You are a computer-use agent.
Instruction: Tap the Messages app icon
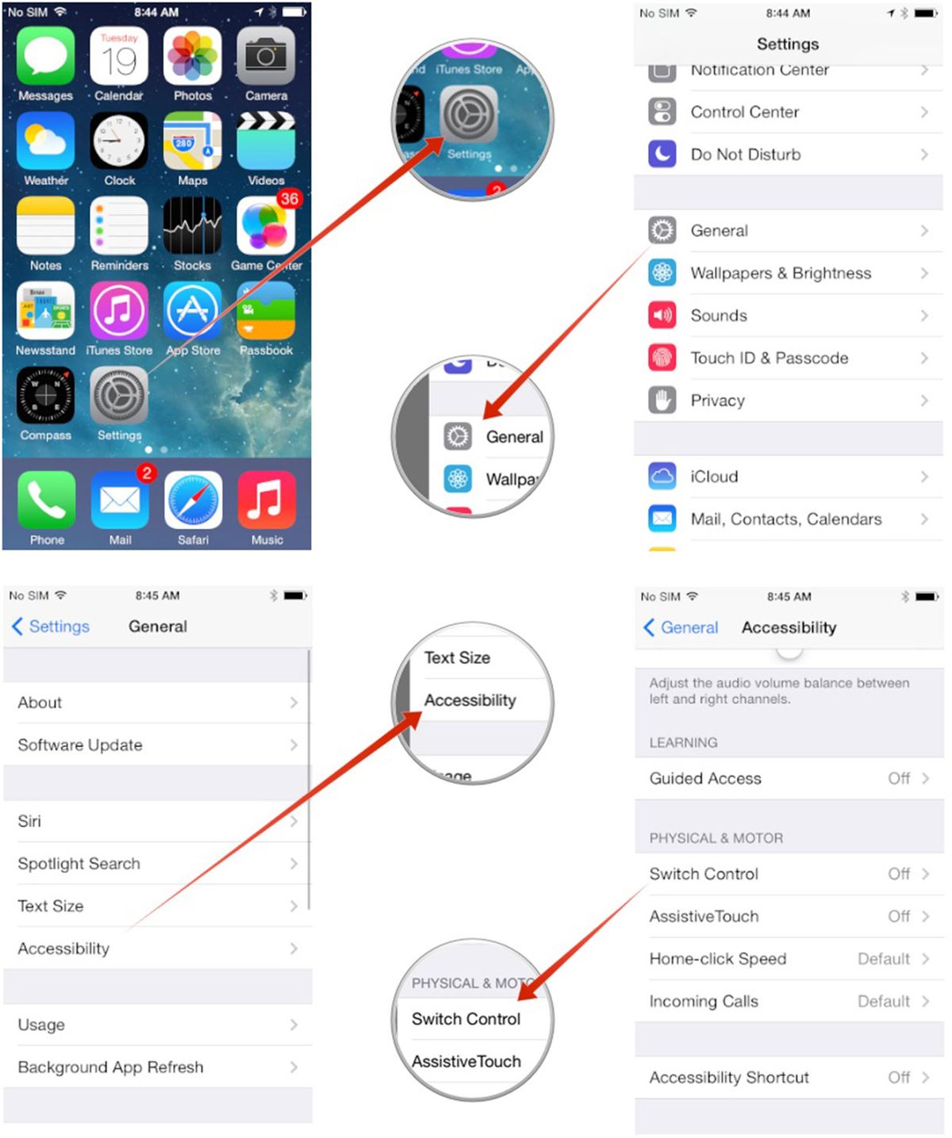pos(46,56)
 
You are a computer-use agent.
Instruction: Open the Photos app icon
pos(193,56)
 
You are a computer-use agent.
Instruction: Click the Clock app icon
pos(119,141)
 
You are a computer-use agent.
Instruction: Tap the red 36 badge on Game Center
pos(289,199)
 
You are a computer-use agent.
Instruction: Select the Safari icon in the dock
pos(193,500)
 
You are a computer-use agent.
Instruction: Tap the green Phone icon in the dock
pos(47,500)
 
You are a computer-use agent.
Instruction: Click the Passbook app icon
pos(266,311)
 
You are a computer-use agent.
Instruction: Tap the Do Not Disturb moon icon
pos(662,154)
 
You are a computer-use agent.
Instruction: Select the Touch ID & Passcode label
pos(769,358)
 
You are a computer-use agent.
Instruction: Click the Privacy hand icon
pos(662,400)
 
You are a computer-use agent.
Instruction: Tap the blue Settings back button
pos(51,626)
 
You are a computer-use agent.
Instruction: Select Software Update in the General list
pos(80,745)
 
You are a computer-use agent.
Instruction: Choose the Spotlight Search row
pos(79,864)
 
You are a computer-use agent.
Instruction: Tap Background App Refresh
pos(111,1067)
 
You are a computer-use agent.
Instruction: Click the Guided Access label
pos(705,779)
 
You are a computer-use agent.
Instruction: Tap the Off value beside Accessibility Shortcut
pos(899,1077)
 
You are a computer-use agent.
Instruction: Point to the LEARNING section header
pos(683,743)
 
